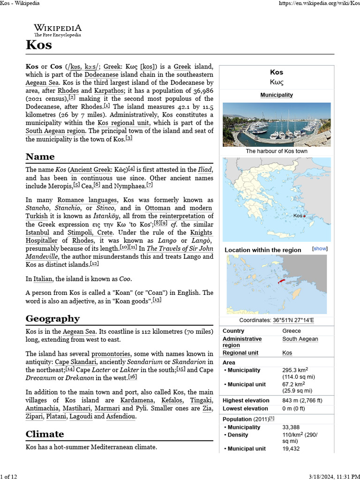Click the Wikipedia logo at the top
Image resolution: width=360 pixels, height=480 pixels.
pyautogui.click(x=57, y=30)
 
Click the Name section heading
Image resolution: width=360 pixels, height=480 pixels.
pyautogui.click(x=40, y=157)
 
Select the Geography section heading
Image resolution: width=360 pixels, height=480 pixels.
pyautogui.click(x=52, y=319)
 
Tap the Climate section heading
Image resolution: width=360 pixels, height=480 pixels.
pyautogui.click(x=45, y=434)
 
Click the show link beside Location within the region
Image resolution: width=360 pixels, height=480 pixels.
pyautogui.click(x=320, y=248)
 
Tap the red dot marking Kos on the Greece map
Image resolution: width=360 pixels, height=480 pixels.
pyautogui.click(x=305, y=216)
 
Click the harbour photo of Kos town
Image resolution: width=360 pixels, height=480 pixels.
pyautogui.click(x=277, y=124)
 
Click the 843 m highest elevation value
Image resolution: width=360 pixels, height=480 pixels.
pyautogui.click(x=302, y=400)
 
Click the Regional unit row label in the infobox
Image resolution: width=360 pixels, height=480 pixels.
pyautogui.click(x=239, y=352)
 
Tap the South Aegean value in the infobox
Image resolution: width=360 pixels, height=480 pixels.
pyautogui.click(x=300, y=339)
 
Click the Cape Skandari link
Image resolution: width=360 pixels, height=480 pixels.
pyautogui.click(x=75, y=362)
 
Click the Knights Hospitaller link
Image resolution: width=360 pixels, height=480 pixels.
pyautogui.click(x=201, y=232)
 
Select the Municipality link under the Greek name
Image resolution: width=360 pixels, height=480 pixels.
pyautogui.click(x=277, y=95)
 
